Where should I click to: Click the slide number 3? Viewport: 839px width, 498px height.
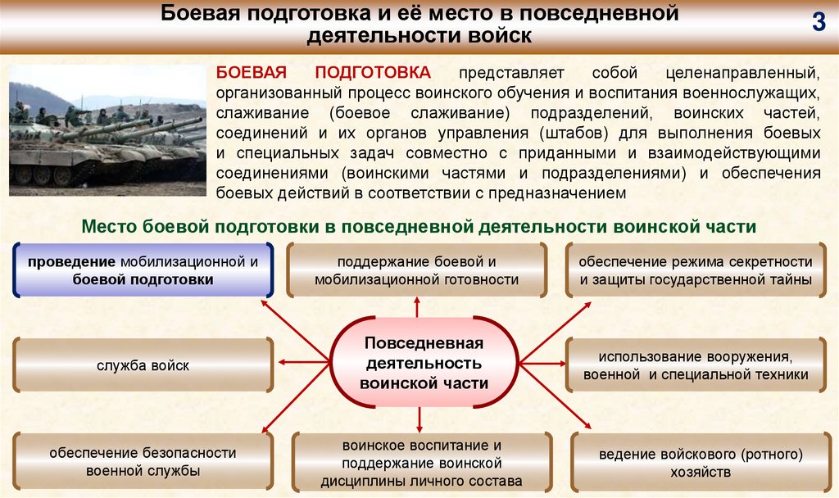pyautogui.click(x=818, y=24)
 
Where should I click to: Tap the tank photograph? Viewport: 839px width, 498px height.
pyautogui.click(x=107, y=130)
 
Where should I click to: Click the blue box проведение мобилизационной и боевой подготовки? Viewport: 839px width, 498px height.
pyautogui.click(x=143, y=270)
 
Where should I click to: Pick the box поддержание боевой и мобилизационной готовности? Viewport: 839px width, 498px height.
pyautogui.click(x=416, y=270)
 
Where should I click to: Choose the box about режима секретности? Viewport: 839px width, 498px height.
pyautogui.click(x=695, y=270)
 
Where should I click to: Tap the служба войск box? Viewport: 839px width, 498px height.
pyautogui.click(x=143, y=365)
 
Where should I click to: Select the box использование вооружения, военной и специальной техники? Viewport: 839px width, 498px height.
pyautogui.click(x=695, y=365)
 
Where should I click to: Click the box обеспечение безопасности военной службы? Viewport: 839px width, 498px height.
pyautogui.click(x=143, y=461)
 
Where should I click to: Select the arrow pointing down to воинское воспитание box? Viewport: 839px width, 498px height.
pyautogui.click(x=419, y=419)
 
